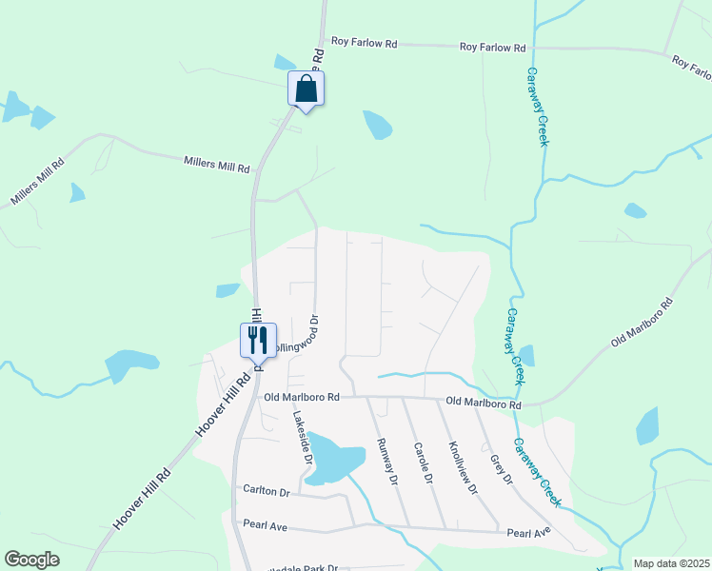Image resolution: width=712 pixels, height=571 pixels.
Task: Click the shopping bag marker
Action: pyautogui.click(x=307, y=89)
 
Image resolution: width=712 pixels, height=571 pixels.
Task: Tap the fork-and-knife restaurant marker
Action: pyautogui.click(x=258, y=340)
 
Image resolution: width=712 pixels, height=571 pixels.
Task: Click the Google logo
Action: pyautogui.click(x=32, y=559)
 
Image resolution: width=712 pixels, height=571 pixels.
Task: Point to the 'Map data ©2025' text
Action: pyautogui.click(x=671, y=563)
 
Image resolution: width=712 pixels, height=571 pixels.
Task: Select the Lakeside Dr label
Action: pyautogui.click(x=303, y=437)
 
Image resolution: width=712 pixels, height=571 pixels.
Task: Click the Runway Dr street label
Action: pyautogui.click(x=386, y=461)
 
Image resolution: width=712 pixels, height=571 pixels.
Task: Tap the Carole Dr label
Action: pyautogui.click(x=423, y=463)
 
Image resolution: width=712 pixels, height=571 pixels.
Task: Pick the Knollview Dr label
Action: pyautogui.click(x=462, y=467)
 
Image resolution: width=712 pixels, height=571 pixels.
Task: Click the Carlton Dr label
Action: pyautogui.click(x=266, y=490)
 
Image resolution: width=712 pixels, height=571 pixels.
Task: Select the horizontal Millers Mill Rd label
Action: pyautogui.click(x=216, y=166)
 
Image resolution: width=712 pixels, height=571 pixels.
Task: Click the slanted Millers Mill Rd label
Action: pyautogui.click(x=37, y=182)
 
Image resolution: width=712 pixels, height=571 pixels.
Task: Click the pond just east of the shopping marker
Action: pyautogui.click(x=377, y=124)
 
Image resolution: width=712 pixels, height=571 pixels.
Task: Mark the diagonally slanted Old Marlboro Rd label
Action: pyautogui.click(x=642, y=322)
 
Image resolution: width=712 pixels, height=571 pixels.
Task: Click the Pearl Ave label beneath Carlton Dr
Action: pyautogui.click(x=266, y=523)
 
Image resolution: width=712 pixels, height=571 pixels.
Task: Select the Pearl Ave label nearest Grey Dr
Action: pyautogui.click(x=528, y=533)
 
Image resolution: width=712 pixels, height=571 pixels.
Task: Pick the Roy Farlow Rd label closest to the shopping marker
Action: pyautogui.click(x=364, y=42)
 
